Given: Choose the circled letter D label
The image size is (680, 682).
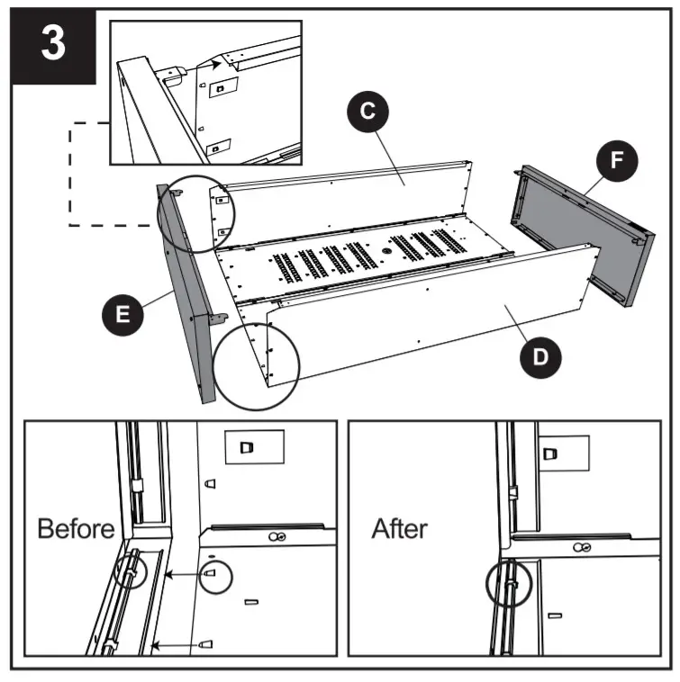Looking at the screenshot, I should point(539,356).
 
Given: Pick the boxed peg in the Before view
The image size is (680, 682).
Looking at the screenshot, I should point(249,446).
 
